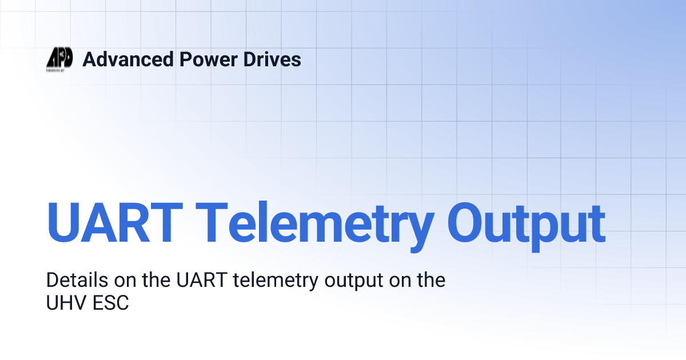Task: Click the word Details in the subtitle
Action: [74, 281]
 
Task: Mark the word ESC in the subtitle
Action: [111, 303]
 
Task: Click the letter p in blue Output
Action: [547, 229]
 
